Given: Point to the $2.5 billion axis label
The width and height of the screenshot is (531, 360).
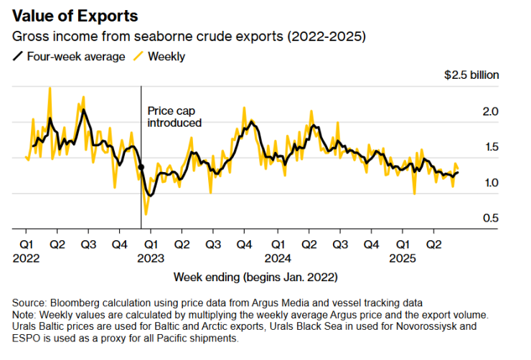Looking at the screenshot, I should point(471,75).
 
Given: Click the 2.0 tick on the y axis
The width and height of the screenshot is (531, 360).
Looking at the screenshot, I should point(491,112).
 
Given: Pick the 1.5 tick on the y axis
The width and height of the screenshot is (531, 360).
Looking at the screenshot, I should point(491,147).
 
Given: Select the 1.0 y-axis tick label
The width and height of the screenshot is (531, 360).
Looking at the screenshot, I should point(491,183).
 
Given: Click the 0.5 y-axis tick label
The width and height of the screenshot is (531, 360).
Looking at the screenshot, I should point(491,218).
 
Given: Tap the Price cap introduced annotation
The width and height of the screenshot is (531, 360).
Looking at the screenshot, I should point(174,117).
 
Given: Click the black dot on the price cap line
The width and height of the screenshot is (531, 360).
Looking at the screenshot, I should point(141,166).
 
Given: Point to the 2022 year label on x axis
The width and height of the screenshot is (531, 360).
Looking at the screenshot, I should point(26,256).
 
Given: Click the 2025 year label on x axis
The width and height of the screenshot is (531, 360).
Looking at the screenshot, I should point(403,256).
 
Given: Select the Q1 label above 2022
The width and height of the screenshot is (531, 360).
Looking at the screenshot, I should point(26,243).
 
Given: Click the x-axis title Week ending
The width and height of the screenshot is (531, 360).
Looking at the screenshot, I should point(255,277).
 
